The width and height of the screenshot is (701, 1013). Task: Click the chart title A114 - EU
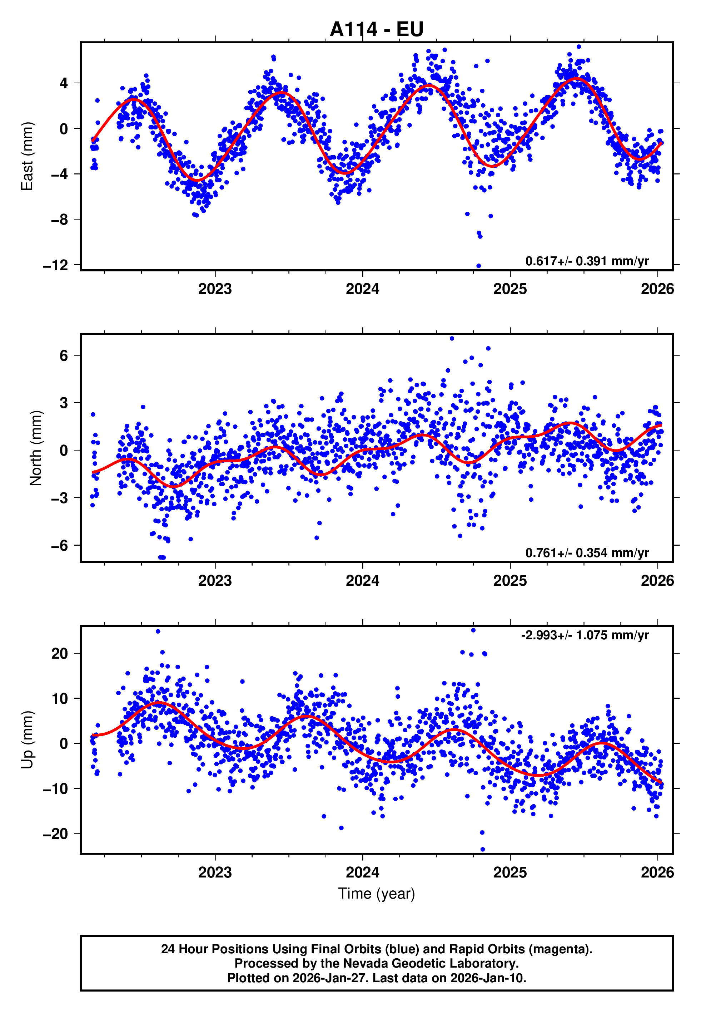pos(377,29)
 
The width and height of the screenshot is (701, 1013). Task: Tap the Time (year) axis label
pos(377,894)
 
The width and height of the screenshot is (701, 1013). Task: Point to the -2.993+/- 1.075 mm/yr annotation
pos(585,635)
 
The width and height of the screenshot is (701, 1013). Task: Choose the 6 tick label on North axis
pos(64,355)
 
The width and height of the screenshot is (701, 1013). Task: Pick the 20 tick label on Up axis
pos(60,654)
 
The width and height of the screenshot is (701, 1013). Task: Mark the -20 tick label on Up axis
pos(56,834)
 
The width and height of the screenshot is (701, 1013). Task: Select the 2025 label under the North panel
pos(510,581)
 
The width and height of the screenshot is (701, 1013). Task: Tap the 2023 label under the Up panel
pos(215,872)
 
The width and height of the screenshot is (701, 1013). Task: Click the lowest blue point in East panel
pos(478,266)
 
